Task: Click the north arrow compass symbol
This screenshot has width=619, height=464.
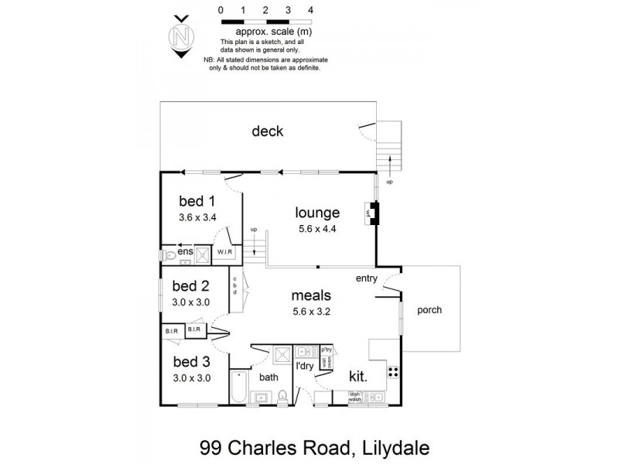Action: [181, 36]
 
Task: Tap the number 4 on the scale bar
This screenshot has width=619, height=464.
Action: [310, 10]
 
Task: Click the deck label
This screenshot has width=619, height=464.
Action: [267, 131]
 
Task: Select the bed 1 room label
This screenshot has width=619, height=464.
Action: [197, 201]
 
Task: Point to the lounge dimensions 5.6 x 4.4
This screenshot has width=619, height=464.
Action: [317, 229]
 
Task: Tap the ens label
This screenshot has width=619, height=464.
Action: [186, 252]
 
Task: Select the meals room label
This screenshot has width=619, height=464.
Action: [311, 295]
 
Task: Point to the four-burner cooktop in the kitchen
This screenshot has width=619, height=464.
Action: [393, 373]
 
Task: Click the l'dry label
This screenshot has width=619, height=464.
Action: [306, 367]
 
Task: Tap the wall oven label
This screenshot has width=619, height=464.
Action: [327, 362]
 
